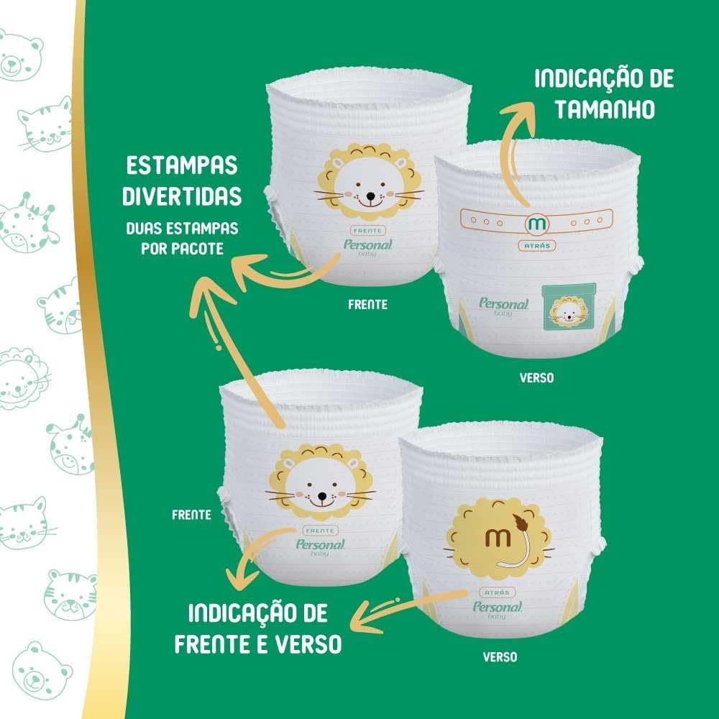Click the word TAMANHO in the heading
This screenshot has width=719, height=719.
(605, 109)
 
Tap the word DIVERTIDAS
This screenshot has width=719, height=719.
(182, 196)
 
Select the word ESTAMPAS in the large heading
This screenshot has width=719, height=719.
(182, 165)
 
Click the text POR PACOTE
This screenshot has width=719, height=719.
(183, 249)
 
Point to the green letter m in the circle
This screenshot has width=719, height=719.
(536, 224)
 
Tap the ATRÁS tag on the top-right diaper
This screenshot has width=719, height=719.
(537, 246)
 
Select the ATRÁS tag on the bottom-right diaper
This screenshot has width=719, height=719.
(497, 592)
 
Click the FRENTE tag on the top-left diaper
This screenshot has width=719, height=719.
(367, 231)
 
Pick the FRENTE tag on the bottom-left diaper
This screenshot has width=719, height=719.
(320, 531)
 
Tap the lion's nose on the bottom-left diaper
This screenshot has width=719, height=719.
(322, 497)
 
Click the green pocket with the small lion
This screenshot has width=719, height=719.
(569, 306)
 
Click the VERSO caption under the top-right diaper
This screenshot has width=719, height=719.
(536, 378)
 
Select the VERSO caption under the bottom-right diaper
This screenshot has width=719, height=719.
(500, 657)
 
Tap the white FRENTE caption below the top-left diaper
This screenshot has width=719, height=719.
(367, 304)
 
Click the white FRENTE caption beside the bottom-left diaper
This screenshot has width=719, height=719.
(192, 515)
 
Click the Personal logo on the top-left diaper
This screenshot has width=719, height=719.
(368, 246)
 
